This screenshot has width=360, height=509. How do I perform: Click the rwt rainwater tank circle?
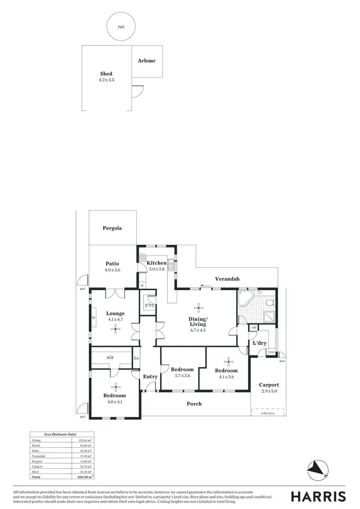[120, 27]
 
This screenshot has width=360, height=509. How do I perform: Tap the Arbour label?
[146, 61]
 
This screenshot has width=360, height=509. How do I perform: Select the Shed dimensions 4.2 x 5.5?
[106, 80]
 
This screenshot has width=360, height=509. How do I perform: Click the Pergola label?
[112, 228]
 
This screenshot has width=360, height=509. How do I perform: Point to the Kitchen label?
[156, 263]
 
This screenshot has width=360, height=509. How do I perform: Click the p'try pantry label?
[149, 305]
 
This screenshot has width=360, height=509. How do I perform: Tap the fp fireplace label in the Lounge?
[94, 318]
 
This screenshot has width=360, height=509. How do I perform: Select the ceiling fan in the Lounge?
[115, 329]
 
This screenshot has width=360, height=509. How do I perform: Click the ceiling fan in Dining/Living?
[199, 308]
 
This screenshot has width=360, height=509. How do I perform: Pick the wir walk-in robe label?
[110, 357]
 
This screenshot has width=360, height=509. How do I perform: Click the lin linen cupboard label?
[136, 358]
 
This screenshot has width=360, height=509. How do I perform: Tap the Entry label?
[150, 377]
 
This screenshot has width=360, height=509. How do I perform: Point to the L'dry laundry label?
[260, 343]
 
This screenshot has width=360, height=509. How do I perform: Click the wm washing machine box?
[272, 353]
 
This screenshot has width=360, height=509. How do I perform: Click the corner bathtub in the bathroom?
[245, 299]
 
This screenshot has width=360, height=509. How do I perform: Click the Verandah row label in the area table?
[37, 456]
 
